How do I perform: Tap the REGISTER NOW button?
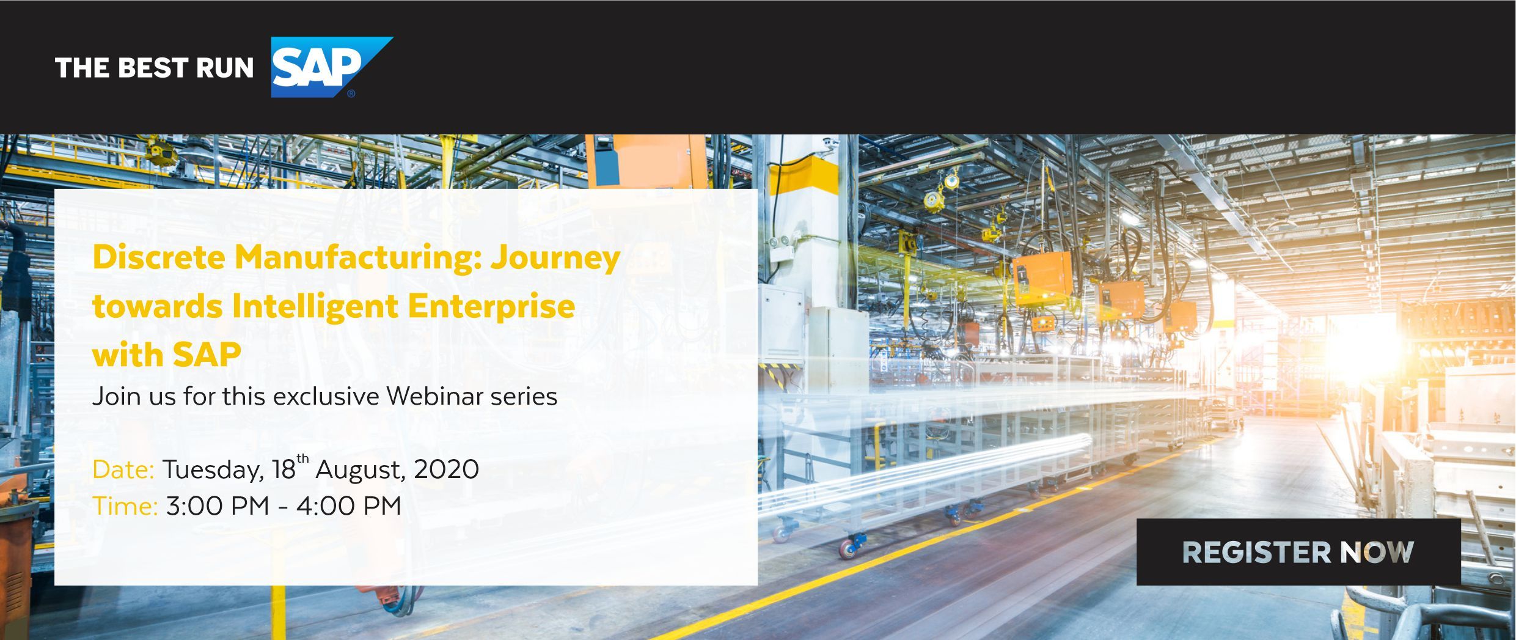(1298, 552)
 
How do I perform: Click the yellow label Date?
(123, 469)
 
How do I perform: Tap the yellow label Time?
(125, 506)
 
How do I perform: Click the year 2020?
(447, 469)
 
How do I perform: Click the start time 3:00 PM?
(218, 506)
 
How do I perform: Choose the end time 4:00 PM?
(349, 506)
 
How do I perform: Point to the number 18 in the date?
(284, 469)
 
